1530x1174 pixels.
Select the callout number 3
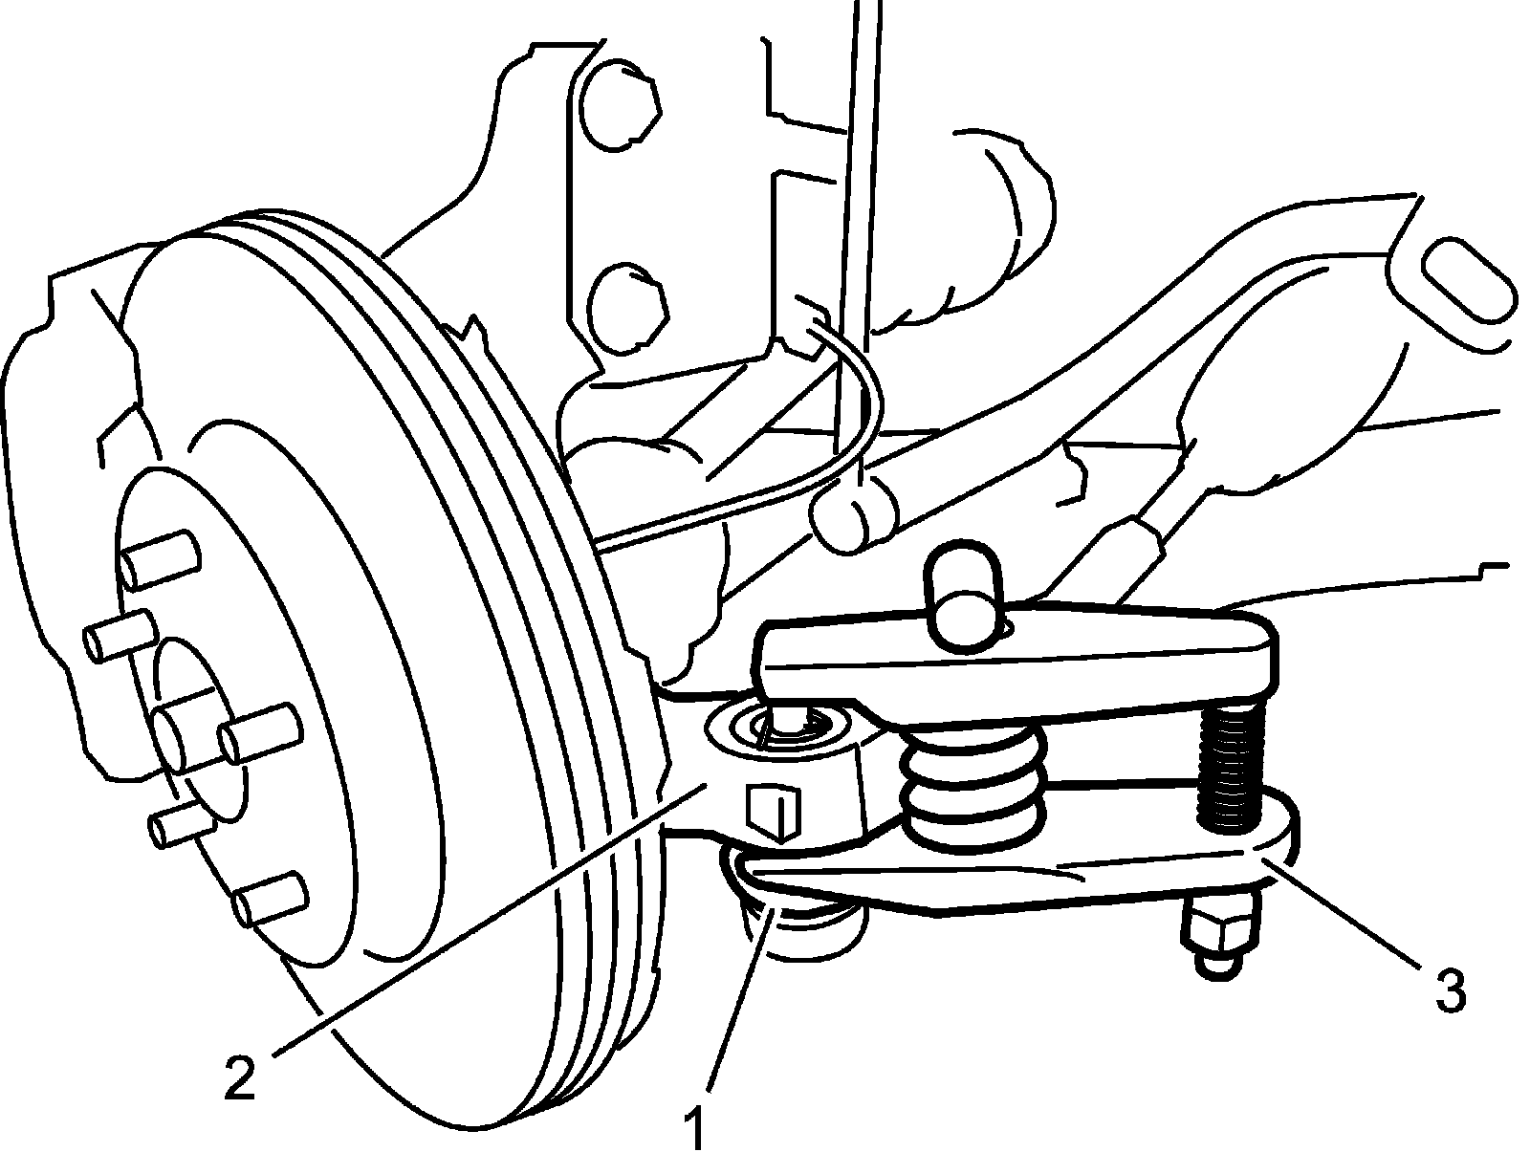1450,991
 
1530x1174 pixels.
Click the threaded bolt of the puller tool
1228,766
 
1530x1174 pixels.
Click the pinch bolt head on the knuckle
775,813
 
